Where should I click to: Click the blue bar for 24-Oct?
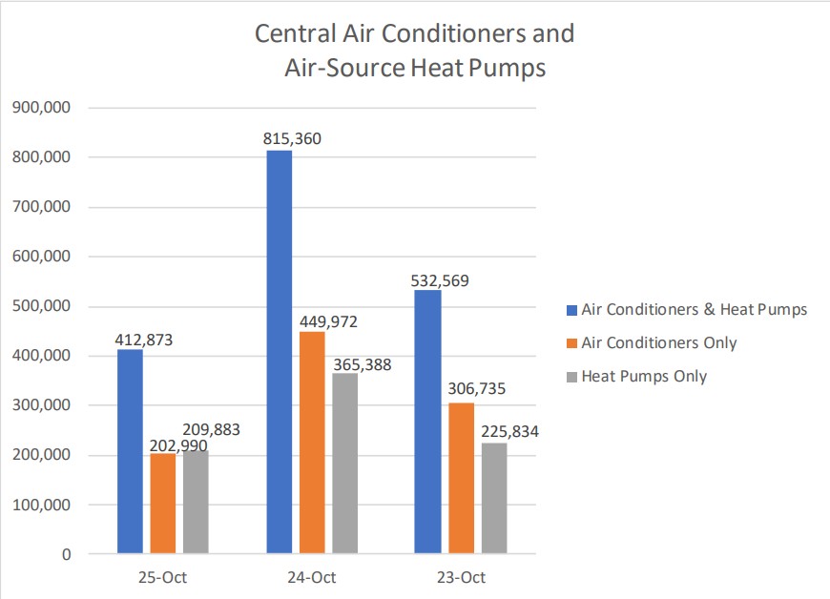[280, 353]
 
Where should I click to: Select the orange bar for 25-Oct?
[163, 504]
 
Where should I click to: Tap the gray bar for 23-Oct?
[494, 498]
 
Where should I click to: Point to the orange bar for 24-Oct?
[312, 443]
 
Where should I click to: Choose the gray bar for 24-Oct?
[345, 464]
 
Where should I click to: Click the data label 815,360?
[293, 138]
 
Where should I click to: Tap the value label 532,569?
[442, 281]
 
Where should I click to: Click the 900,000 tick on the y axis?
[41, 108]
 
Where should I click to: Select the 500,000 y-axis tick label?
[41, 306]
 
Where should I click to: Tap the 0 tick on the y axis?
[65, 554]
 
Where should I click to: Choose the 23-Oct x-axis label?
[461, 578]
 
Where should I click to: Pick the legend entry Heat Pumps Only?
[644, 377]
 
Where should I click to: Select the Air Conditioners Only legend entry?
[658, 343]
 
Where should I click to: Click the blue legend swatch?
[571, 310]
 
